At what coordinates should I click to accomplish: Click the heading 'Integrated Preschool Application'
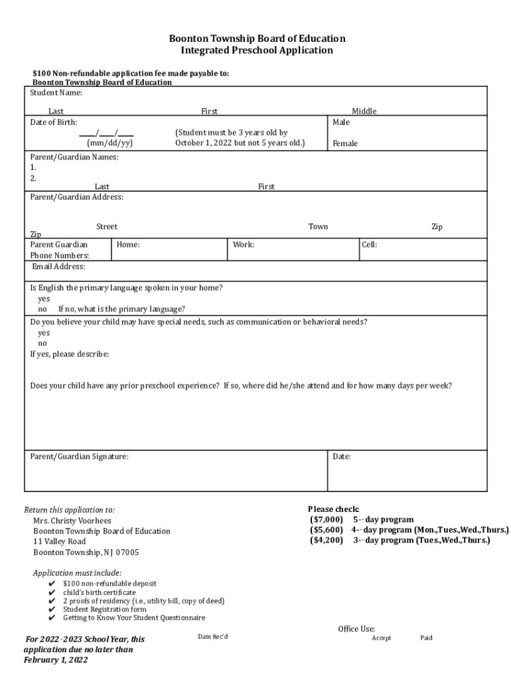[257, 50]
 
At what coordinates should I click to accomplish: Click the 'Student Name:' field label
[56, 93]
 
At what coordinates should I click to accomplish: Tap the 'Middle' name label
[364, 112]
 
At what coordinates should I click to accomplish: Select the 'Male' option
[341, 122]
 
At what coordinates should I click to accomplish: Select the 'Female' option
[345, 143]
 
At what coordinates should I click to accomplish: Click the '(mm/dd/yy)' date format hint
[110, 143]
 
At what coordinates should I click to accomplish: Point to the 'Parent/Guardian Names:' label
[74, 157]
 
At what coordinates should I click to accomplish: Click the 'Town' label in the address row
[318, 226]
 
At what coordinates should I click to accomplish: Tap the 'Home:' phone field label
[128, 245]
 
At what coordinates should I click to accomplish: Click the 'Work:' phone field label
[244, 245]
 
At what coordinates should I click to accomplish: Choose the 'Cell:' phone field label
[370, 245]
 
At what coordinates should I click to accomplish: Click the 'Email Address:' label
[58, 267]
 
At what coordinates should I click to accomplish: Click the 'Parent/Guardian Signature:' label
[80, 457]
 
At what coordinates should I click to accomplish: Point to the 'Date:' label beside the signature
[342, 457]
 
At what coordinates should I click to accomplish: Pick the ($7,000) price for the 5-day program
[327, 519]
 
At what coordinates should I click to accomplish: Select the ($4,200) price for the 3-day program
[327, 541]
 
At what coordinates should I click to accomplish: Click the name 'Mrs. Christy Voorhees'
[72, 521]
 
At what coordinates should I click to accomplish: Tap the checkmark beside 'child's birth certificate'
[52, 592]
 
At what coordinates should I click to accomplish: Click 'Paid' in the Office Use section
[426, 638]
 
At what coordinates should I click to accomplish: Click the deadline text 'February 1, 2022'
[55, 660]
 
